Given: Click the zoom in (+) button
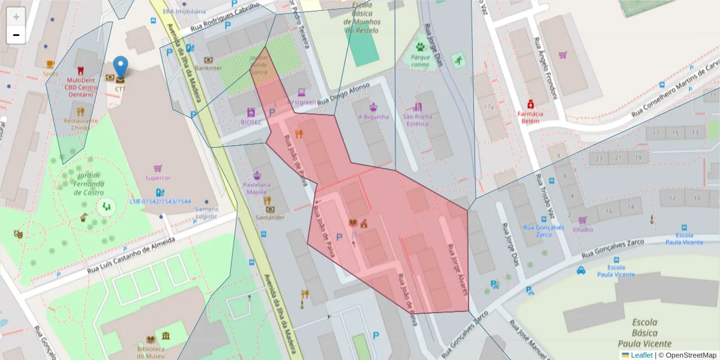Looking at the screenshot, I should pos(16,16).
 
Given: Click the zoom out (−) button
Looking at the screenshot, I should pos(16,35).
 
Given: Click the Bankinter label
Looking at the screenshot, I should pos(208,68).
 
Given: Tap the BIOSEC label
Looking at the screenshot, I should pos(251,122).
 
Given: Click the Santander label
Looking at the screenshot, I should pos(270,217).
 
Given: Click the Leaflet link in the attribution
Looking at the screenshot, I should pos(641,355).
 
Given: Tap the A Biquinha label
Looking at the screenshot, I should pos(373,116).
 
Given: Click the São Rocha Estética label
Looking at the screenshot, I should pos(418,120).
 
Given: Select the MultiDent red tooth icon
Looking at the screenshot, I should pos(80,70).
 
